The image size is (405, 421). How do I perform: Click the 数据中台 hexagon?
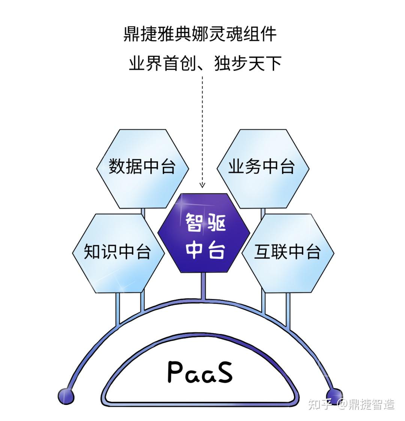pos(142,168)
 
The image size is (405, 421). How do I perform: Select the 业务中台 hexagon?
pos(263,168)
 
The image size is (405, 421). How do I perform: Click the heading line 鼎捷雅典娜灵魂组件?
pos(200,34)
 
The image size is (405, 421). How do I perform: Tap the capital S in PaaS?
pos(224,372)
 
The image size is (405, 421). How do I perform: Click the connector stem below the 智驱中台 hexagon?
pos(204,286)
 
